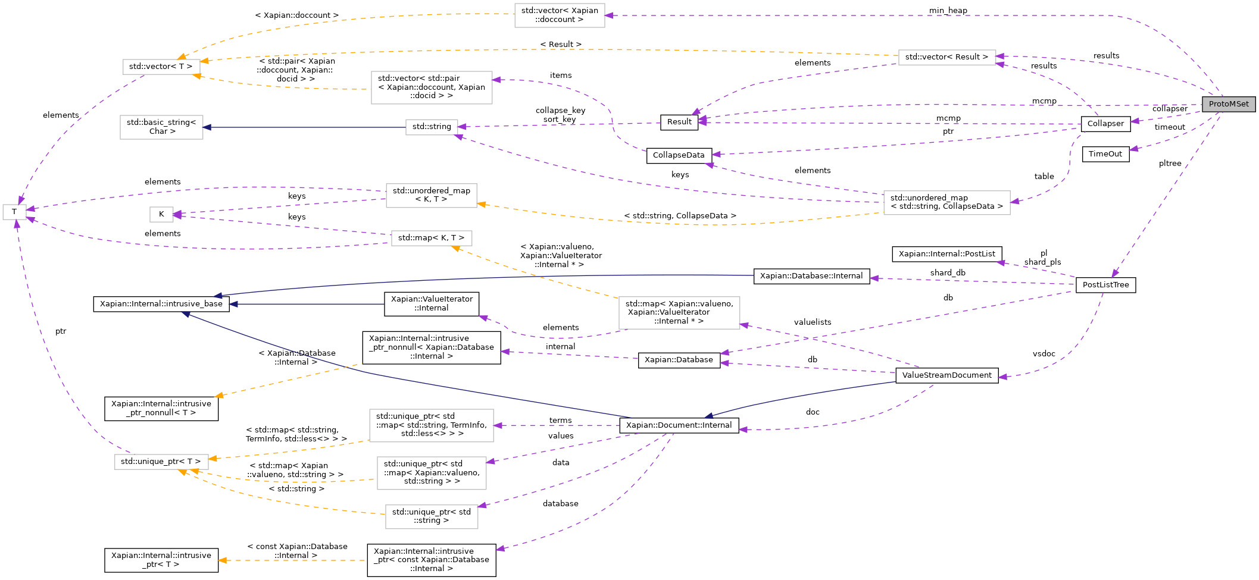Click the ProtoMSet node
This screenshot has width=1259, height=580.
click(1229, 104)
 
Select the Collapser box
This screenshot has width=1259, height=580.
click(1105, 124)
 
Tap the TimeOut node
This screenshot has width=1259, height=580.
click(1105, 154)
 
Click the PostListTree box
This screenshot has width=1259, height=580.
click(1105, 285)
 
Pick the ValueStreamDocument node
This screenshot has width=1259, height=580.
click(946, 375)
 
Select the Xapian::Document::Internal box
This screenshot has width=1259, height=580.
click(679, 425)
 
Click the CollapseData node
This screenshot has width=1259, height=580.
click(679, 155)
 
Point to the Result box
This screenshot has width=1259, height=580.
click(679, 122)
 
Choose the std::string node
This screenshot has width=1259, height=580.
click(432, 127)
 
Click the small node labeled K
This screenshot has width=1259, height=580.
click(161, 214)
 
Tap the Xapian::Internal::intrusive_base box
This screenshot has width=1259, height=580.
click(161, 304)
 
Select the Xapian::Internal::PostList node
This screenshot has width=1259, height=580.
click(946, 254)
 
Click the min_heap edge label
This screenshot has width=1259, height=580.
click(948, 11)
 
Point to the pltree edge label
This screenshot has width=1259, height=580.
click(1170, 164)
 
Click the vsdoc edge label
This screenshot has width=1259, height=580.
click(1044, 354)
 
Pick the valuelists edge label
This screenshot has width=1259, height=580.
click(812, 322)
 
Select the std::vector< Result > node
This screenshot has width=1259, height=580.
click(946, 57)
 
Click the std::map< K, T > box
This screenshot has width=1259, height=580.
click(431, 238)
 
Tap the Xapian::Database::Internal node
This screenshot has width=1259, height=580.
click(811, 276)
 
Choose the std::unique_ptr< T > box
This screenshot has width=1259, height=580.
click(161, 462)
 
